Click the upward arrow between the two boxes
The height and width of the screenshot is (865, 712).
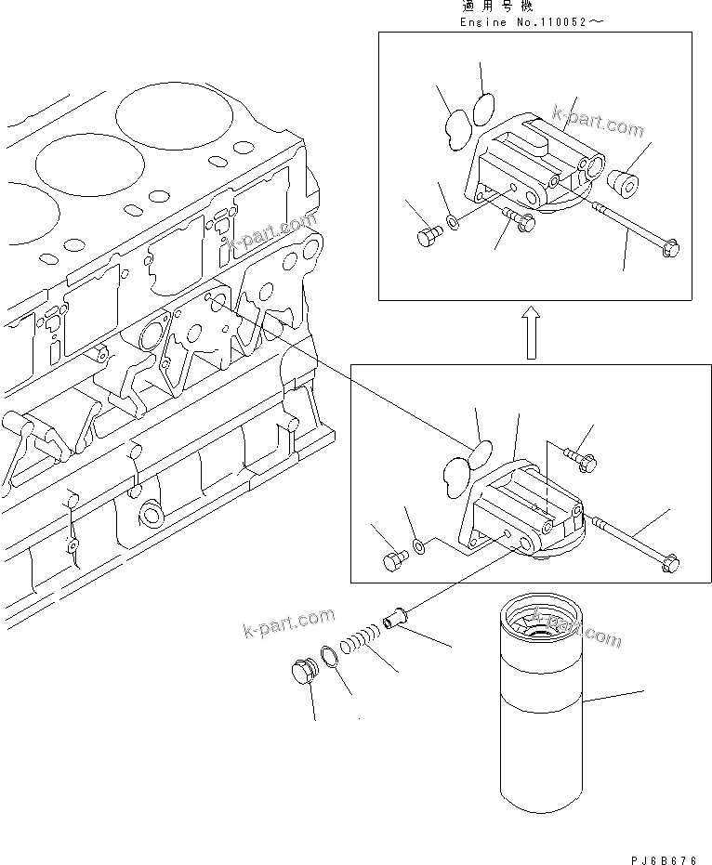point(531,334)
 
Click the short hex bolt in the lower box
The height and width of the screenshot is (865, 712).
point(394,559)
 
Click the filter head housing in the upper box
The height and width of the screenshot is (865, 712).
point(534,167)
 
